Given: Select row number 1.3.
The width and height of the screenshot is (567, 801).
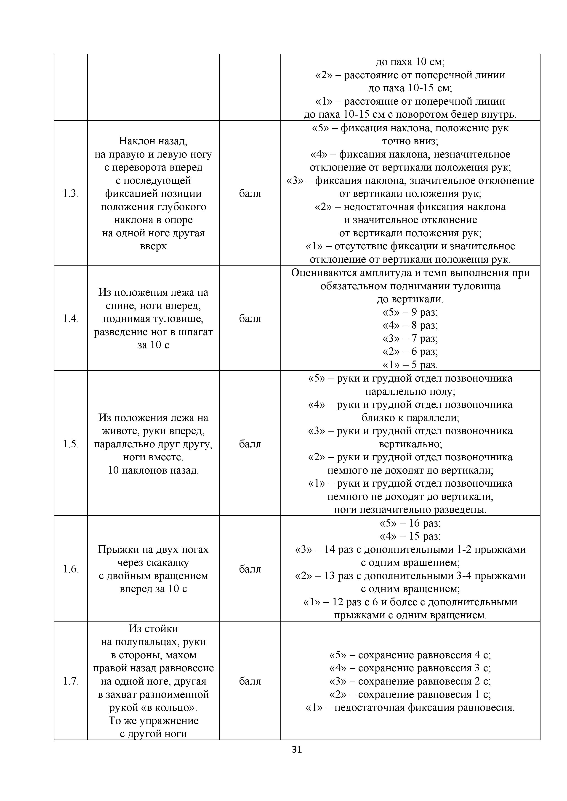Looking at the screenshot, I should pos(71,194).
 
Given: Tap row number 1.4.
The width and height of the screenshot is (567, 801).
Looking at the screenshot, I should pos(71,319).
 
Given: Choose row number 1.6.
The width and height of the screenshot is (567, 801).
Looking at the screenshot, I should pos(71,569).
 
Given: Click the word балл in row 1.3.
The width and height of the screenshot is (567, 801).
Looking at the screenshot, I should pos(250,194).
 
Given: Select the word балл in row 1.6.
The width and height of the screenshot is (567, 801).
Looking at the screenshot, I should pos(250,569).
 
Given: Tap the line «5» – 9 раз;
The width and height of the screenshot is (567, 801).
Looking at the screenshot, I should pos(410,312).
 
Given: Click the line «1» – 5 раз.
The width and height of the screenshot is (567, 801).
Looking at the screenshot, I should pos(410,365).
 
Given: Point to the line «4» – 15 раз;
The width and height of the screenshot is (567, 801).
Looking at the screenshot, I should pos(410,536).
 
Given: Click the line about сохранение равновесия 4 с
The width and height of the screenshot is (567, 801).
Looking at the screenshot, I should pos(410,655).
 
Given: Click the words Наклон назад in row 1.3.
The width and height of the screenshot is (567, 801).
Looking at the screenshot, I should pos(153,141).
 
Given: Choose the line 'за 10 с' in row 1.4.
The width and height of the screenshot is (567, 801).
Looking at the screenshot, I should pos(153,345).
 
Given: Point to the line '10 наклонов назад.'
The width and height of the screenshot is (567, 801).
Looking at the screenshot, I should pos(153,470).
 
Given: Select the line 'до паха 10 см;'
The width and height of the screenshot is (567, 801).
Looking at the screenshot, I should pos(410,62).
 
